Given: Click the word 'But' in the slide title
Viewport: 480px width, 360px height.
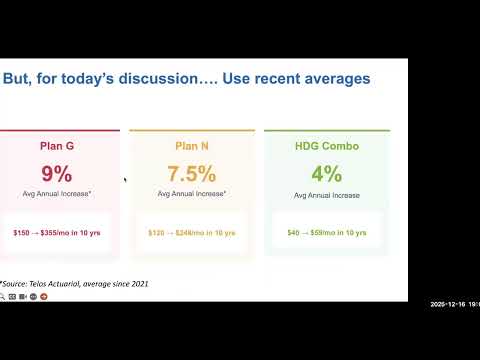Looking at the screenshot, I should (x=18, y=78).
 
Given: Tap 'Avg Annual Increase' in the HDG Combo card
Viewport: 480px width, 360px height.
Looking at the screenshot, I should (x=326, y=195).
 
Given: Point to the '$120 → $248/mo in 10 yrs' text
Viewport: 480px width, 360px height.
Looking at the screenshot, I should (x=191, y=232).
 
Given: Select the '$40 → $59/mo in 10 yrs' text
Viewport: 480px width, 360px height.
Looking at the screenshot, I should (x=326, y=232).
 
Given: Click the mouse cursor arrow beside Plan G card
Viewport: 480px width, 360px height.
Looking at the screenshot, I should (x=125, y=180).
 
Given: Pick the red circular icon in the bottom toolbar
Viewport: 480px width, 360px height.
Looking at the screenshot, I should (x=43, y=309).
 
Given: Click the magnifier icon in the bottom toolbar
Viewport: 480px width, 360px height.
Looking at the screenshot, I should (x=4, y=309).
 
